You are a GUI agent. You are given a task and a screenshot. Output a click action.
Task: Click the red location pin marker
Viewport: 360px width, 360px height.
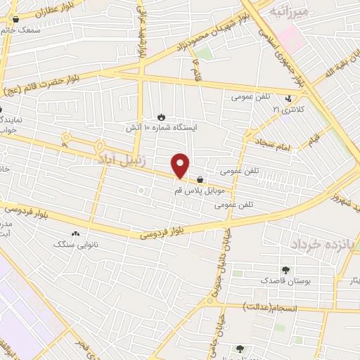181,165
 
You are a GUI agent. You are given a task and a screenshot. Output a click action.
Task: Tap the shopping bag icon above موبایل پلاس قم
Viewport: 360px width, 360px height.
201,179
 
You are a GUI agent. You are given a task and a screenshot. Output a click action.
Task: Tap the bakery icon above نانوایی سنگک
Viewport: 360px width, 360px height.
75,233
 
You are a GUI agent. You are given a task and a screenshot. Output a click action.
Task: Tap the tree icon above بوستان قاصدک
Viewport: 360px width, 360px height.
285,270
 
